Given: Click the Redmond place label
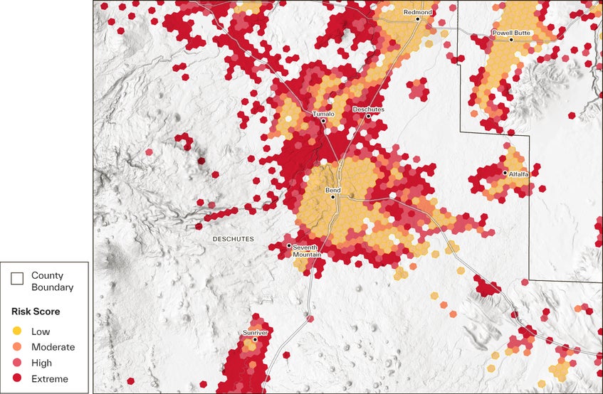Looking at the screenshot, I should (x=418, y=12).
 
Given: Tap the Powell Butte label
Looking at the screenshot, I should (x=510, y=33).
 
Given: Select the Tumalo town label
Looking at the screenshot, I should (x=323, y=114).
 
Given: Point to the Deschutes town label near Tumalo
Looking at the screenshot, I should (x=368, y=110).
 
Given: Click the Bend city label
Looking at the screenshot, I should (x=332, y=191).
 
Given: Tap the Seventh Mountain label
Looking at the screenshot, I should (x=307, y=250).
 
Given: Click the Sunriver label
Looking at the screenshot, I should (x=254, y=332).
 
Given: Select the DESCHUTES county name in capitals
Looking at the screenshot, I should (x=233, y=240).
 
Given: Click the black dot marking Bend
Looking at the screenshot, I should (x=332, y=197).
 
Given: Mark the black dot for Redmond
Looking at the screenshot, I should (x=418, y=19).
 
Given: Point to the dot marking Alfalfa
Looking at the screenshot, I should (x=505, y=173).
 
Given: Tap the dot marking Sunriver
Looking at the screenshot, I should (x=255, y=339).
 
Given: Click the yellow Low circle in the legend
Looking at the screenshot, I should (x=17, y=331).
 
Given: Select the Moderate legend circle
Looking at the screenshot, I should (x=17, y=347).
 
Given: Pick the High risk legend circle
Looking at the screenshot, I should (x=17, y=363).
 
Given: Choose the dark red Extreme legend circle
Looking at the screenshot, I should (x=17, y=379).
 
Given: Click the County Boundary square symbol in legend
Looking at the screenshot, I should (x=17, y=280).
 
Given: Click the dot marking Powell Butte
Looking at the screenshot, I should (x=511, y=40).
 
